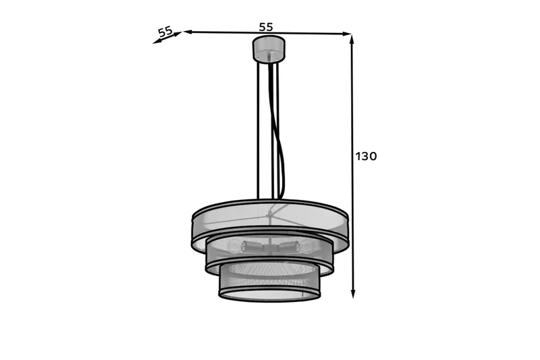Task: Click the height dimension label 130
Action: coord(366,157)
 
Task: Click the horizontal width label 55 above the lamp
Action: coord(266,27)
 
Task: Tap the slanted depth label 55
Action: coord(165,31)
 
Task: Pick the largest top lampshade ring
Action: coord(269,220)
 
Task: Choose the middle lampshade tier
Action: coord(269,257)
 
